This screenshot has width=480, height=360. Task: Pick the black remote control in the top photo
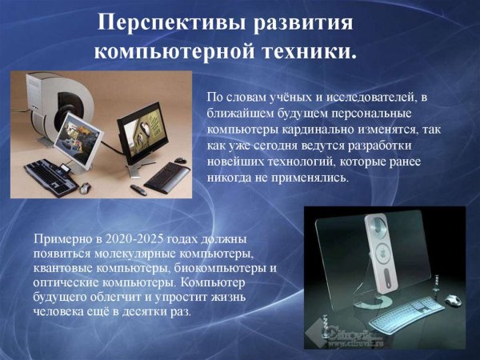pyautogui.click(x=137, y=189)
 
